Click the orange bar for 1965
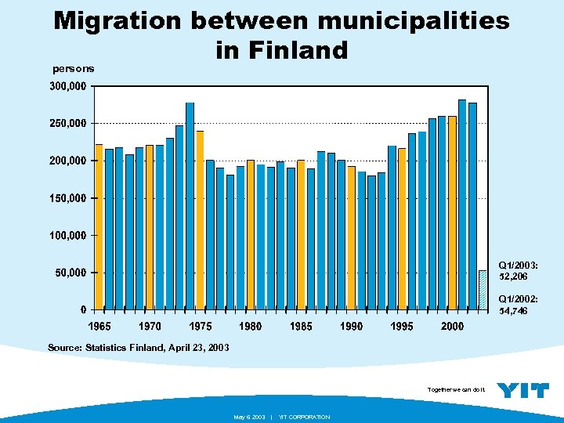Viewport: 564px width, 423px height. (99, 226)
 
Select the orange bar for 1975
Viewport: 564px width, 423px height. (200, 219)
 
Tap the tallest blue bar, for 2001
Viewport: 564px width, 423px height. (462, 204)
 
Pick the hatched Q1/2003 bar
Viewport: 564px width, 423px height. (483, 289)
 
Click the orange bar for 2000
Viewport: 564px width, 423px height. (452, 211)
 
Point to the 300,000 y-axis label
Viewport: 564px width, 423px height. (68, 86)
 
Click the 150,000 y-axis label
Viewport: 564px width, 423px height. (68, 198)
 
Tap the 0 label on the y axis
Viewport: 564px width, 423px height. (83, 309)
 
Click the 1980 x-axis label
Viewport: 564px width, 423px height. (251, 326)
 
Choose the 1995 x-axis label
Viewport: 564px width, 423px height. (402, 326)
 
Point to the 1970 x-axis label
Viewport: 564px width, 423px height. (150, 326)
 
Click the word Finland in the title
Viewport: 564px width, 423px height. (281, 51)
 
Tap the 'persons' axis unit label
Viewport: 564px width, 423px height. (74, 69)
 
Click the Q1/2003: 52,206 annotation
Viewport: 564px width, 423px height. (518, 270)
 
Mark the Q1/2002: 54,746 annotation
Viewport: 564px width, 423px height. (518, 305)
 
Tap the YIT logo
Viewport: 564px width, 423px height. (523, 390)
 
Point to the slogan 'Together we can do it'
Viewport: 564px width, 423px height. (457, 389)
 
